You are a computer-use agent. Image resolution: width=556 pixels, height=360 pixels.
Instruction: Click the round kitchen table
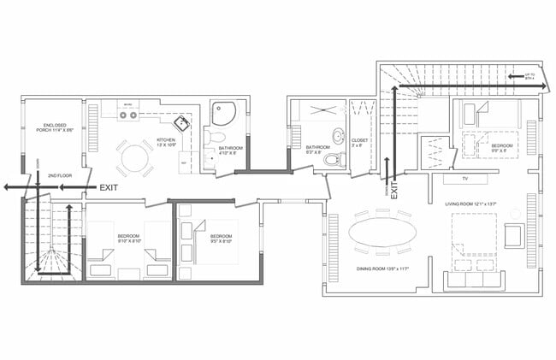[134, 158]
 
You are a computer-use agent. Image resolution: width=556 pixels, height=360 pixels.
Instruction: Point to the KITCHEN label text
[166, 142]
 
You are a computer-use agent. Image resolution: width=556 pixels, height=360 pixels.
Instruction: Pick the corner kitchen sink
[185, 127]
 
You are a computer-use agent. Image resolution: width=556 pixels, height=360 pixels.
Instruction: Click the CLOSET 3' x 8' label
[360, 143]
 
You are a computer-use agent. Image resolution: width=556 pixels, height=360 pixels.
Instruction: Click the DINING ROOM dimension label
[382, 269]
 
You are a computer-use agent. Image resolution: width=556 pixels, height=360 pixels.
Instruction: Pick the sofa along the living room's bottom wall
[470, 280]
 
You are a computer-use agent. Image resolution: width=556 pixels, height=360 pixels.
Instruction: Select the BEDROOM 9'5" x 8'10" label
[222, 238]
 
